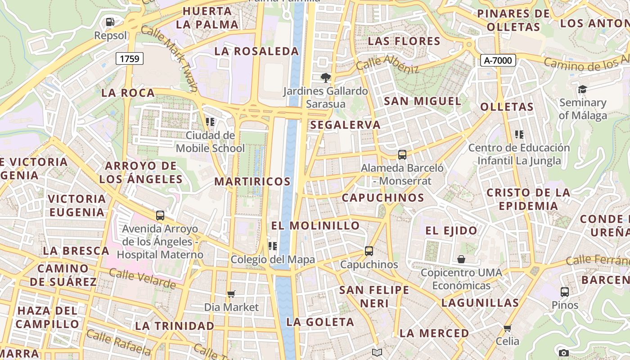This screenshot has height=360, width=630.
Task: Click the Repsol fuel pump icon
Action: pyautogui.click(x=110, y=22)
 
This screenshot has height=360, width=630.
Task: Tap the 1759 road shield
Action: pyautogui.click(x=130, y=58)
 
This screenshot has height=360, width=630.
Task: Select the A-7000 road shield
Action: pyautogui.click(x=498, y=60)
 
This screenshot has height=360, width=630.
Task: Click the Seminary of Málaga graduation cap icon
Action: pyautogui.click(x=583, y=89)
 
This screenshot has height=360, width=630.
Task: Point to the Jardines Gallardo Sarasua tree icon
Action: pyautogui.click(x=325, y=78)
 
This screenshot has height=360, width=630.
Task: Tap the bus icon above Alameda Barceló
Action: pyautogui.click(x=402, y=155)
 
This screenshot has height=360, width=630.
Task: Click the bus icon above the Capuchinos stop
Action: pyautogui.click(x=369, y=251)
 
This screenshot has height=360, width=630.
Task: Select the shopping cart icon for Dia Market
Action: pyautogui.click(x=231, y=294)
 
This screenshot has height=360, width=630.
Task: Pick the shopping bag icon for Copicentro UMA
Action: pyautogui.click(x=461, y=259)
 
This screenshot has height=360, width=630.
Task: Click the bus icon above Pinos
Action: pyautogui.click(x=565, y=292)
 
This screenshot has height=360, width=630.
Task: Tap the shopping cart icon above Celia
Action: pyautogui.click(x=508, y=328)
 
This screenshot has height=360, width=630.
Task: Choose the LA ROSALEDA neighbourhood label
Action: pyautogui.click(x=256, y=51)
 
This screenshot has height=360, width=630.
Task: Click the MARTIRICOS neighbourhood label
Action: pyautogui.click(x=252, y=181)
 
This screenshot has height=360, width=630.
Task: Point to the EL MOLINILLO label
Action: pyautogui.click(x=315, y=225)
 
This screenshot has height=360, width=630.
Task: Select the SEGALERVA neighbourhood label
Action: pyautogui.click(x=345, y=125)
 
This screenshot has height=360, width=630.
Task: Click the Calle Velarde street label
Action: pyautogui.click(x=142, y=279)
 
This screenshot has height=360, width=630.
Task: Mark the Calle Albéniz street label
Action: pyautogui.click(x=387, y=64)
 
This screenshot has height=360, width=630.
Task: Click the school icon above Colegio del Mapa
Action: pyautogui.click(x=273, y=246)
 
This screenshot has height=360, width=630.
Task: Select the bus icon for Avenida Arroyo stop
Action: pyautogui.click(x=160, y=215)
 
